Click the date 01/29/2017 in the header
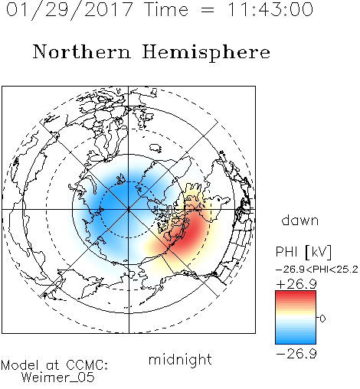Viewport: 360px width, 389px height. click(69, 10)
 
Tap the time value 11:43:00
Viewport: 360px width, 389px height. click(270, 9)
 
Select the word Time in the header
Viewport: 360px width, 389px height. click(166, 9)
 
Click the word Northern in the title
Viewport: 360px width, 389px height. click(82, 51)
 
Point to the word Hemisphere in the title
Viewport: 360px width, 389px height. click(206, 52)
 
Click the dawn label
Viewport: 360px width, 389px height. click(300, 220)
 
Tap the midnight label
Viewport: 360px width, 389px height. click(180, 359)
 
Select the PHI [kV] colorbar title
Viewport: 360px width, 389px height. click(303, 252)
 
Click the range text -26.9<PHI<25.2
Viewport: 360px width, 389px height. click(317, 270)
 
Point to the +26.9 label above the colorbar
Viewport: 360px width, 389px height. click(296, 284)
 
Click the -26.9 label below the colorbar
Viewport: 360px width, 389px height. click(296, 354)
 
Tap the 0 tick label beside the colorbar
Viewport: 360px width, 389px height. click(322, 319)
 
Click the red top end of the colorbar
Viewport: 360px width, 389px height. click(296, 293)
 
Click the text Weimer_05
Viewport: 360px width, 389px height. click(58, 378)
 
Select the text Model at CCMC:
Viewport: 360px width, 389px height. click(54, 365)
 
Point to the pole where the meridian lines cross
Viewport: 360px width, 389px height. click(129, 209)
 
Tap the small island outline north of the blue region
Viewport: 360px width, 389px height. click(155, 148)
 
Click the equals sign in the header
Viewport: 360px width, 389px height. click(208, 10)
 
